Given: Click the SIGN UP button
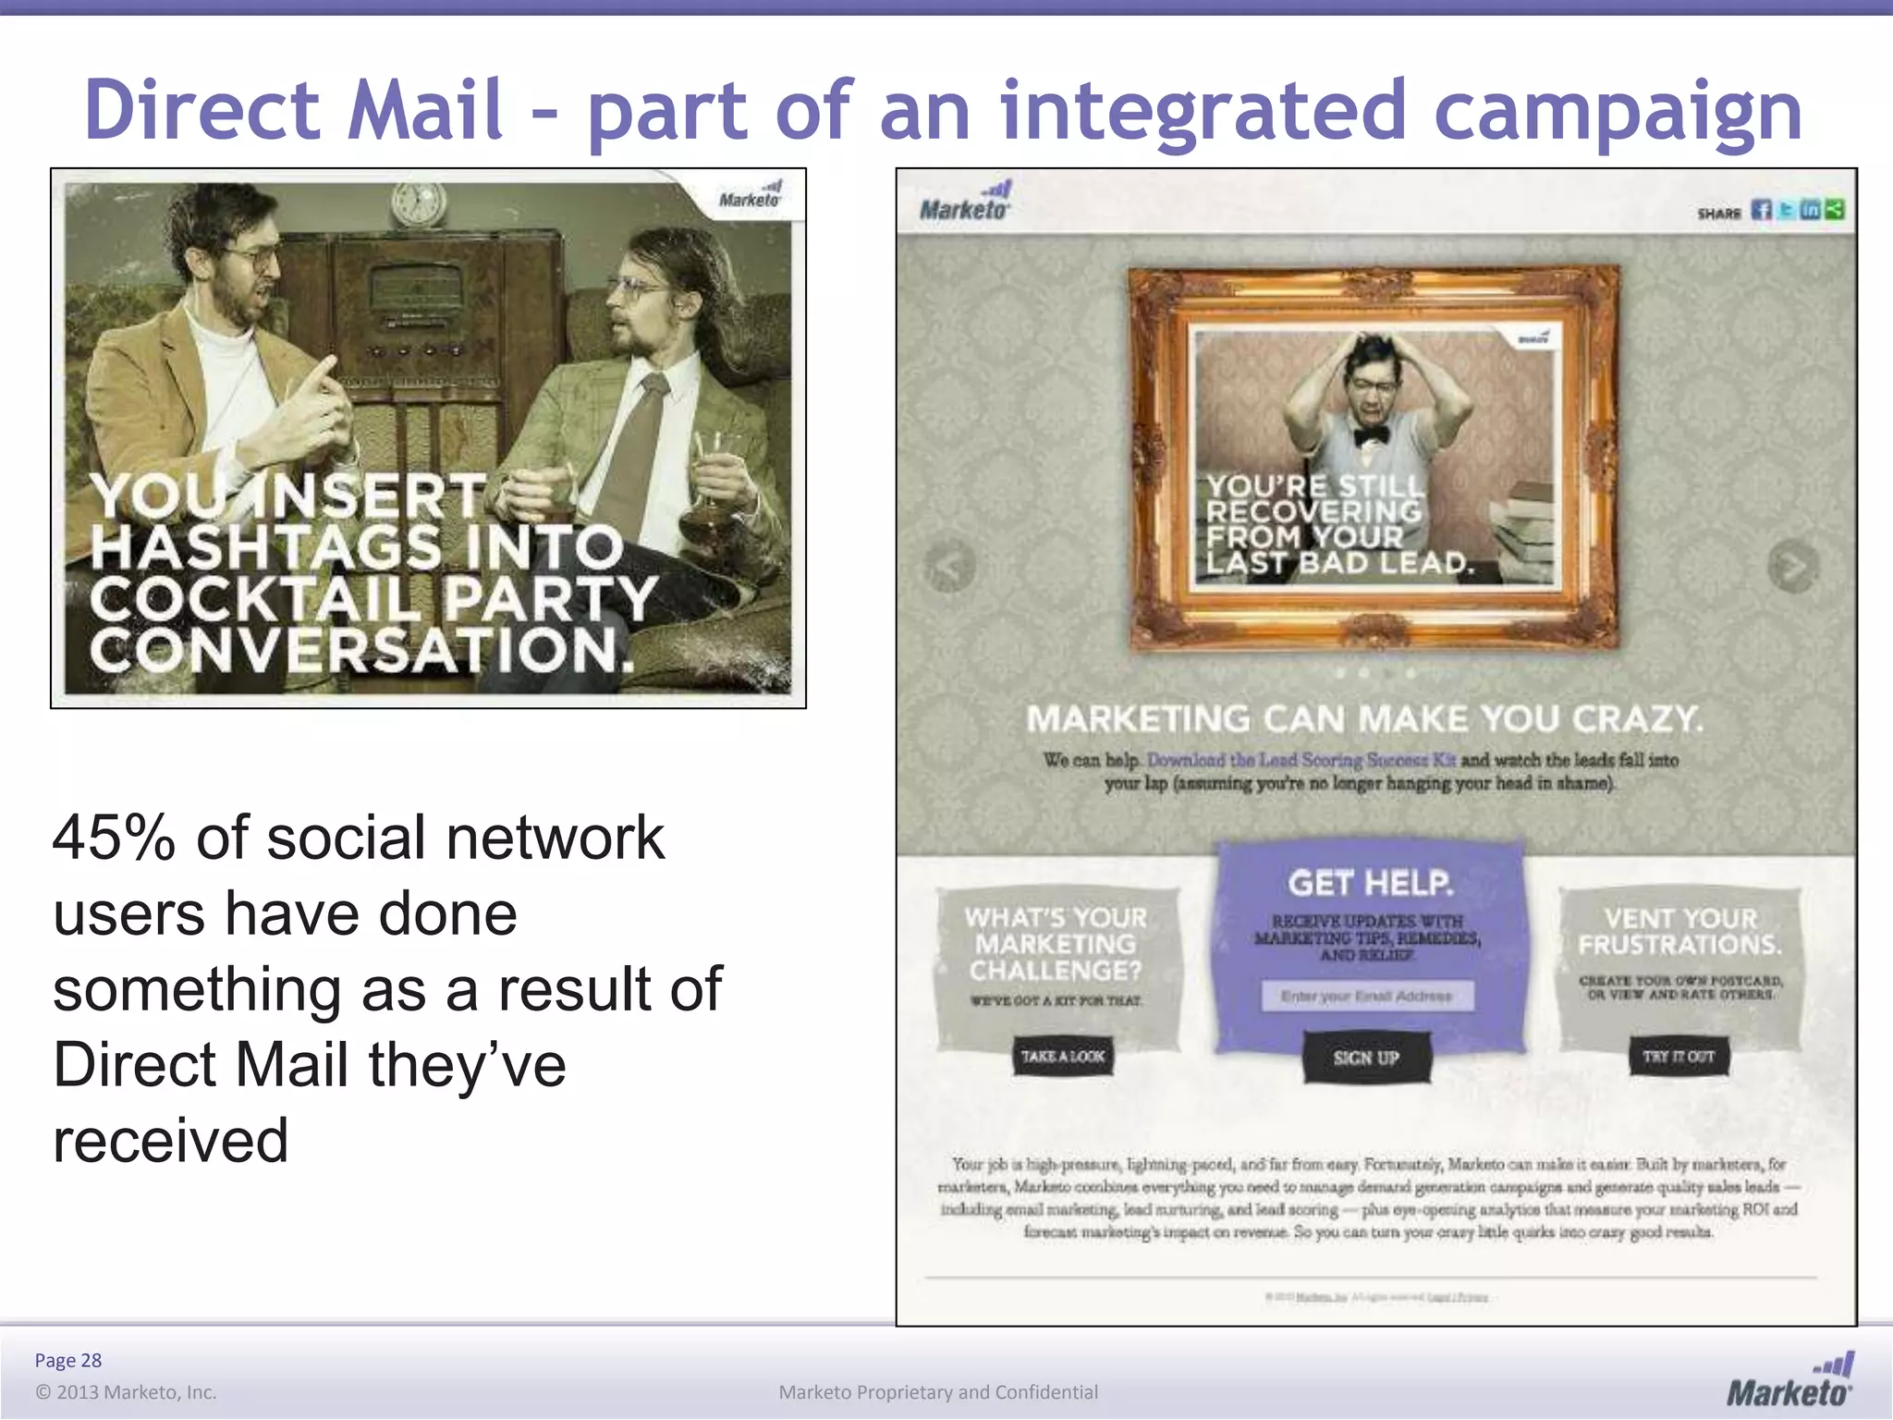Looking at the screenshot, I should pyautogui.click(x=1366, y=1058).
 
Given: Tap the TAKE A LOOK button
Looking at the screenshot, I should pyautogui.click(x=1062, y=1057).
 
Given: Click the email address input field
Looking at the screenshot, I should pyautogui.click(x=1367, y=996).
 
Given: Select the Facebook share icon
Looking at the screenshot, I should pyautogui.click(x=1762, y=210).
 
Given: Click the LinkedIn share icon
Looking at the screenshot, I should pyautogui.click(x=1811, y=210).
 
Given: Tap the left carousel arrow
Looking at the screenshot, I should pyautogui.click(x=950, y=565).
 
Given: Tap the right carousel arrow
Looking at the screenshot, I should pyautogui.click(x=1793, y=565).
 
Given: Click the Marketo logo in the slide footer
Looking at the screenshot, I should pyautogui.click(x=1789, y=1380).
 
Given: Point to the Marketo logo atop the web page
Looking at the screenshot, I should pyautogui.click(x=965, y=202).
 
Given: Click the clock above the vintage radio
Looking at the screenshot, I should pyautogui.click(x=417, y=202).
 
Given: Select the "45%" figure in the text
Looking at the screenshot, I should pyautogui.click(x=113, y=839).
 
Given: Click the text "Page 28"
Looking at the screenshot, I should pyautogui.click(x=68, y=1360).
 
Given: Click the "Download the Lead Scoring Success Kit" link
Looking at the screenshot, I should pyautogui.click(x=1301, y=760).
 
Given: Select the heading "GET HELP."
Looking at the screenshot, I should pyautogui.click(x=1370, y=883).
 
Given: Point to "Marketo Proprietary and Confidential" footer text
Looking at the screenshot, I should pyautogui.click(x=938, y=1392).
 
